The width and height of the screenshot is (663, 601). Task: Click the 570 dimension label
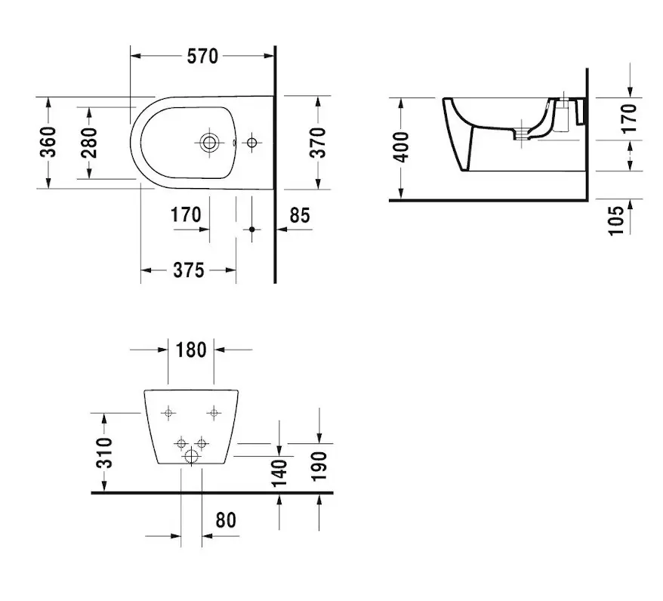coord(202,56)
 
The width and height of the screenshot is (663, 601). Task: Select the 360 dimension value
coord(47,142)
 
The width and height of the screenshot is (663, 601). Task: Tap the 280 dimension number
coord(89,142)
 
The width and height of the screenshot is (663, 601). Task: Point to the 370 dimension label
coord(318,142)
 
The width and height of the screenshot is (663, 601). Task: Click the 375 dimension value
coord(188,270)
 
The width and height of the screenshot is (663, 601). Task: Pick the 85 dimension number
coord(300,215)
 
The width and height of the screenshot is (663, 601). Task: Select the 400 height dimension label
coord(401,146)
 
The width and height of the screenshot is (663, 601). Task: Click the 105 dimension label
coord(616,220)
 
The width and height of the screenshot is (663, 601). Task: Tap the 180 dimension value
coord(191,350)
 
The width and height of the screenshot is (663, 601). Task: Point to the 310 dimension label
coord(105,452)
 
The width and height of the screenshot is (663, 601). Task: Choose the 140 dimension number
coord(279,473)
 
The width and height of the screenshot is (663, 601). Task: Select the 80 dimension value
coord(226,519)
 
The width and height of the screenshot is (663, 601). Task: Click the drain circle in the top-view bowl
coord(208,141)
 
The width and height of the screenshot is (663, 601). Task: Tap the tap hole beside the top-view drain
coord(251,141)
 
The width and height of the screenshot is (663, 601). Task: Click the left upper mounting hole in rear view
coord(168,412)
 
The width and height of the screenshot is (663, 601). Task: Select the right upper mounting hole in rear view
coord(214,412)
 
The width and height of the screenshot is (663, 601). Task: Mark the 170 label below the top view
coord(186,215)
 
